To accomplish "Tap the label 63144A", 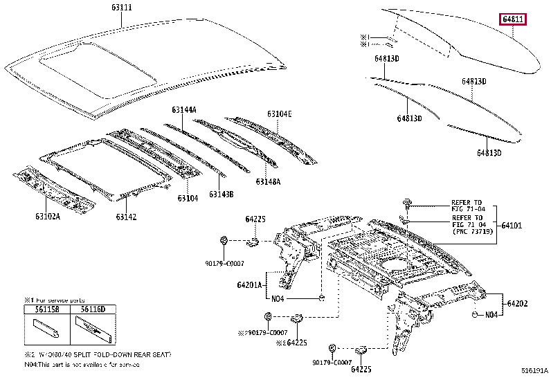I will click(x=184, y=110).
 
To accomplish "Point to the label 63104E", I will click(x=280, y=114).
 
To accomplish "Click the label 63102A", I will click(x=47, y=217).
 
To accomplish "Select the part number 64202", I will click(x=517, y=303).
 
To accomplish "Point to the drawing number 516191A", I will click(x=534, y=372).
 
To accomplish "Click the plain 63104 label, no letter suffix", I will click(x=187, y=199).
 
